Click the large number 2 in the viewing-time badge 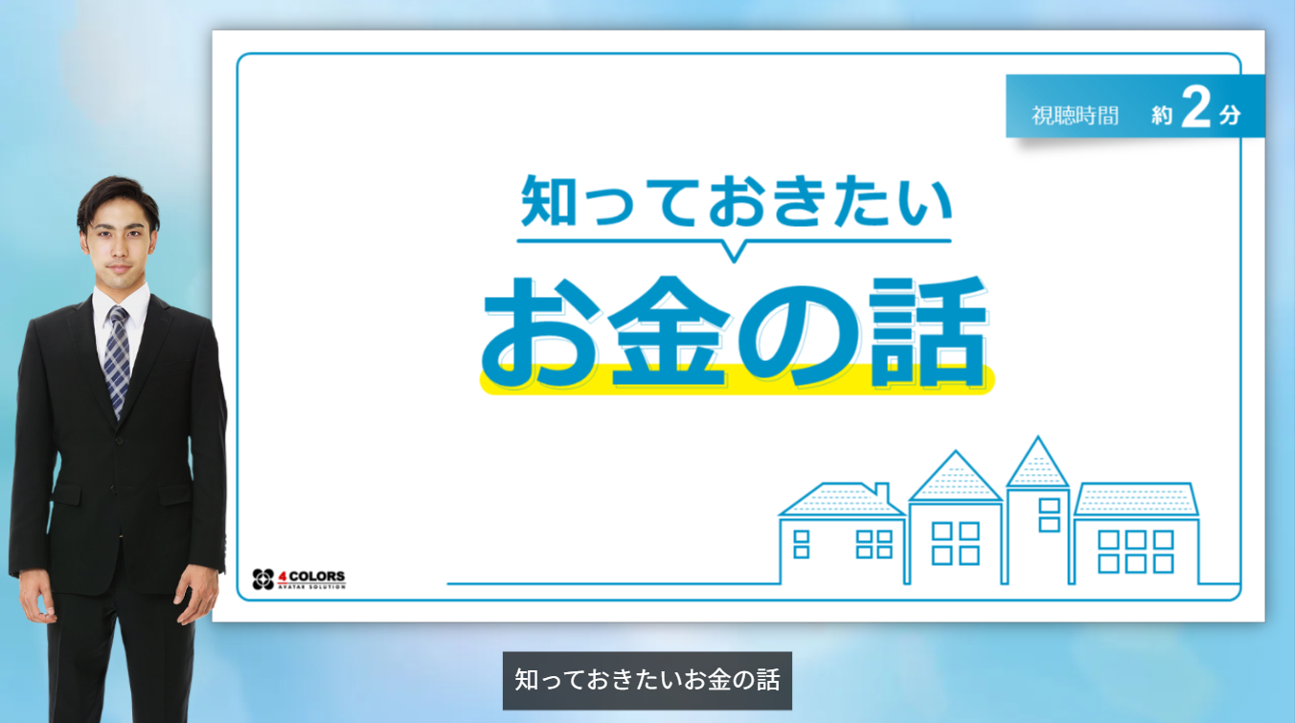1196,106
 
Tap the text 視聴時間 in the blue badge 1076,116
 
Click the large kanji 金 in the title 669,331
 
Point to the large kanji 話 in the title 928,331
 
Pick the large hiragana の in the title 799,334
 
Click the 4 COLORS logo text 311,578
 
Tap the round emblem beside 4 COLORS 263,579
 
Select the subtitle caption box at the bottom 647,680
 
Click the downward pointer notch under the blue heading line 734,252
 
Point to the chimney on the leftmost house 881,492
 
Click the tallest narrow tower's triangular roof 1037,463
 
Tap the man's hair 118,197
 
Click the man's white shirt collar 121,303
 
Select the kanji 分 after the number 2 1230,116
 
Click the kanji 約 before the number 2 1162,116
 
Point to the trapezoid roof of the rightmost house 1136,499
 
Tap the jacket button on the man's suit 120,441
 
